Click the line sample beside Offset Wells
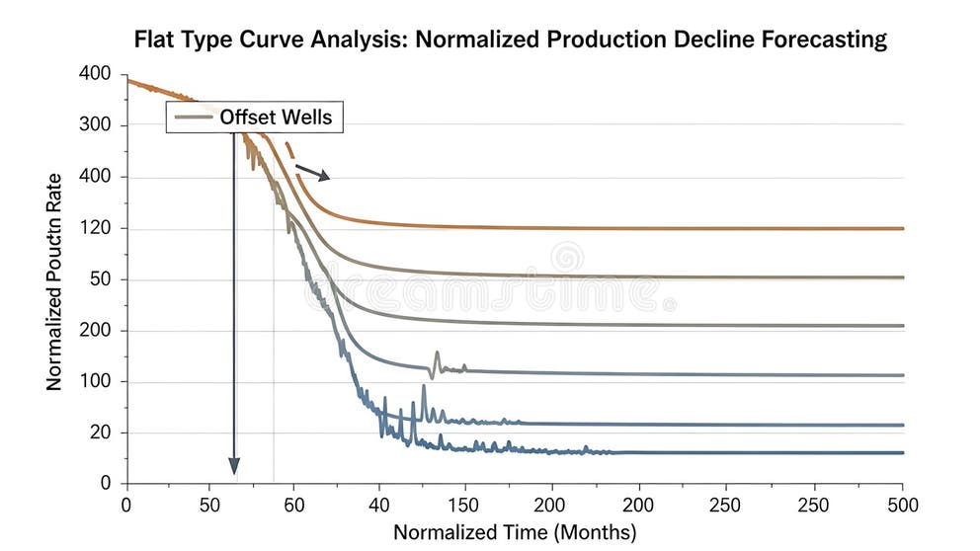[192, 118]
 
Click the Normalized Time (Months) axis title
[515, 532]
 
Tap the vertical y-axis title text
[55, 281]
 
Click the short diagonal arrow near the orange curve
[313, 172]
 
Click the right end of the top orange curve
[901, 228]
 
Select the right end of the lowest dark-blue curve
[901, 452]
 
